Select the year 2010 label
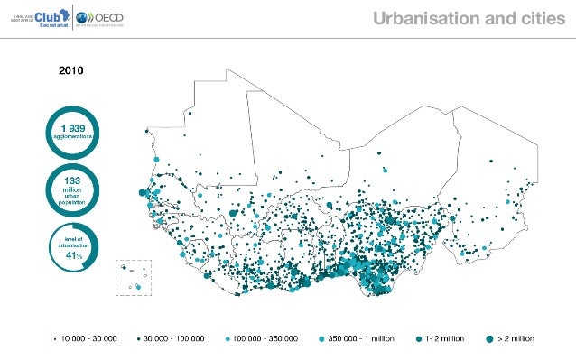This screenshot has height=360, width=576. tap(72, 69)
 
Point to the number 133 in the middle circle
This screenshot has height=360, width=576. tap(71, 180)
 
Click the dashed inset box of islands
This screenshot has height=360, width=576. tap(134, 277)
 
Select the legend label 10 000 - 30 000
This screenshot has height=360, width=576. tap(89, 338)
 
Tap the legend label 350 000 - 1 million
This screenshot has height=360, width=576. tap(360, 338)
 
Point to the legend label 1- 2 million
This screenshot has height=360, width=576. tap(445, 338)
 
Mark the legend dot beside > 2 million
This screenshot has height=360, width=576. tap(488, 338)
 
